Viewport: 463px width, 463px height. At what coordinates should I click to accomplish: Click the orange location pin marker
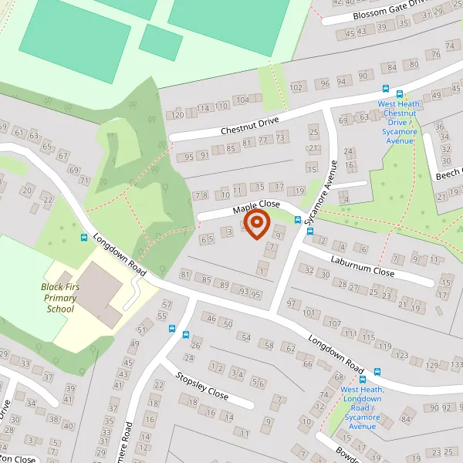click(x=255, y=225)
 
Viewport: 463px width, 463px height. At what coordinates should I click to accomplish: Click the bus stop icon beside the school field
click(x=83, y=238)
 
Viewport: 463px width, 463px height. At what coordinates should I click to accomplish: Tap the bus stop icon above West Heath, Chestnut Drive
click(x=386, y=90)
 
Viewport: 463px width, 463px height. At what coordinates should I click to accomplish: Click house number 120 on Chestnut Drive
click(x=177, y=115)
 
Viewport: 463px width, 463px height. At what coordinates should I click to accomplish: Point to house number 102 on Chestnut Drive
click(x=296, y=87)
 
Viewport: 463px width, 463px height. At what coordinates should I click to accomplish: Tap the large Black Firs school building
click(x=99, y=292)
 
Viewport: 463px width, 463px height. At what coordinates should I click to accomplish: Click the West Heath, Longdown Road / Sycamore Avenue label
click(x=362, y=407)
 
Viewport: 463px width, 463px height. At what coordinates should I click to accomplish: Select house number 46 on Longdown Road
click(x=210, y=318)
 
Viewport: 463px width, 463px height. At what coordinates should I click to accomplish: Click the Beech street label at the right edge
click(x=448, y=175)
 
